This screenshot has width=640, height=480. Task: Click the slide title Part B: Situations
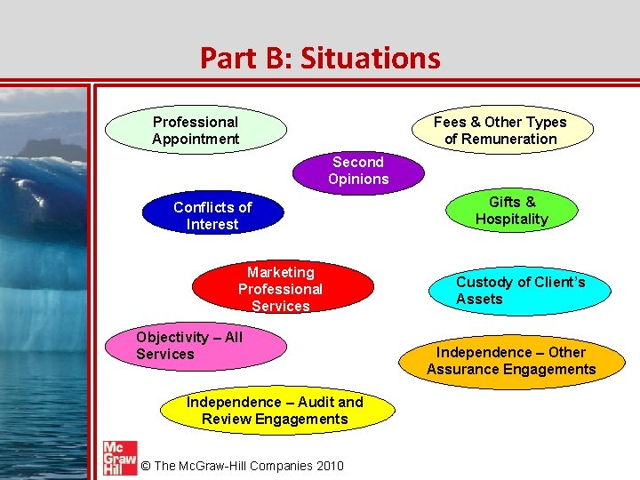point(320,58)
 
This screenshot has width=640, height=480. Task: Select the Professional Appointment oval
point(196,130)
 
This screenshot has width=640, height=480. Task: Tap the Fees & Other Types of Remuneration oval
point(500,130)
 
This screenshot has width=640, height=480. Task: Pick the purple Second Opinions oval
point(358,171)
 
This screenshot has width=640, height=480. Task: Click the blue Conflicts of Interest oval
point(212,215)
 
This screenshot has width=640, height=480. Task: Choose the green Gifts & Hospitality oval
point(511,211)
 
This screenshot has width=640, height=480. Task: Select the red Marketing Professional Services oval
point(280,289)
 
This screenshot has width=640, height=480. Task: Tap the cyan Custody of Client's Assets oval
point(520,291)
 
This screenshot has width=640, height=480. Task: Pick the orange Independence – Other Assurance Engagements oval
point(511,361)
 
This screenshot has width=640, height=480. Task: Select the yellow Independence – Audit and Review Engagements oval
point(275,411)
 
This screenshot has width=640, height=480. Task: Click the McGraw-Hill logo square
point(119,456)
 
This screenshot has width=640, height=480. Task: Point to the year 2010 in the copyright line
point(327,466)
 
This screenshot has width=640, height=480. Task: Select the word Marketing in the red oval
point(280,272)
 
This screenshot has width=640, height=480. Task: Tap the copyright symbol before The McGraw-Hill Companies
point(146,466)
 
